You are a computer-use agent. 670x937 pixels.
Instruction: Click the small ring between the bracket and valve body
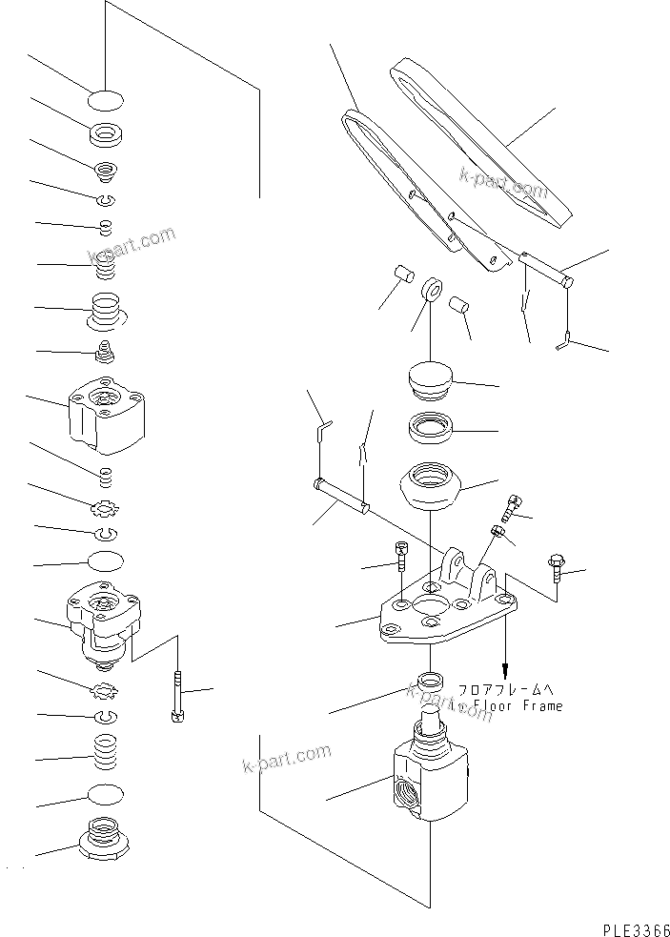[x=432, y=682]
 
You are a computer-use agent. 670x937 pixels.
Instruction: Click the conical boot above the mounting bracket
[x=433, y=484]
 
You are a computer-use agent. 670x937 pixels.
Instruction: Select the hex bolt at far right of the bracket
[x=557, y=570]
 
